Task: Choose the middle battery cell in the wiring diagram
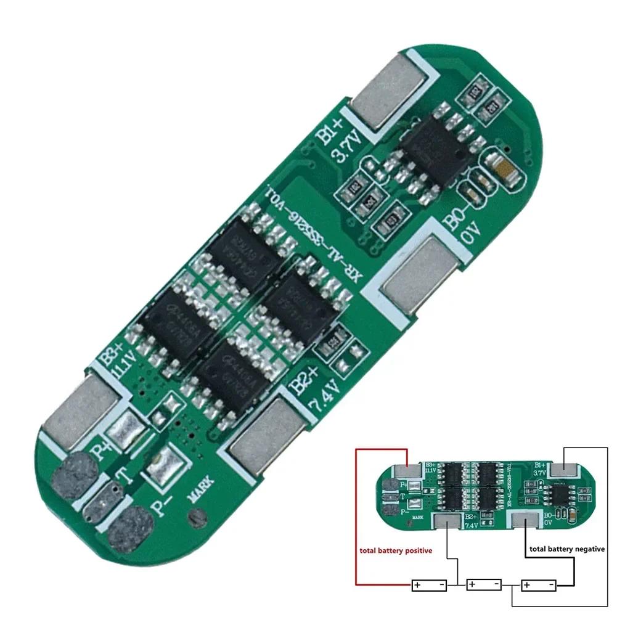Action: pos(484,583)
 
